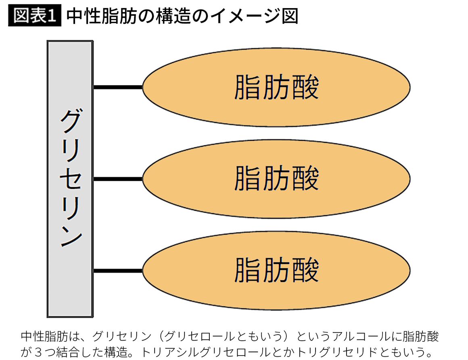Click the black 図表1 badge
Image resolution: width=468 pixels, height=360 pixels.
(x=34, y=16)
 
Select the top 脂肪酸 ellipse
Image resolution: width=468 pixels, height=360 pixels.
(x=276, y=87)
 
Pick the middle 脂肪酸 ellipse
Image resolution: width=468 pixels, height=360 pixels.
(x=276, y=178)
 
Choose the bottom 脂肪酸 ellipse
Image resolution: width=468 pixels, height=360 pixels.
(x=276, y=270)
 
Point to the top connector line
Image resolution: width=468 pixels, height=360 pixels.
(x=118, y=87)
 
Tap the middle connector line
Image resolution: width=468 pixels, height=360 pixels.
(x=118, y=178)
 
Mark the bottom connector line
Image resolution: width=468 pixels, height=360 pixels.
(x=118, y=270)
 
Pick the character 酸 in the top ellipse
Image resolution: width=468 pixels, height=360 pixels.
(x=305, y=87)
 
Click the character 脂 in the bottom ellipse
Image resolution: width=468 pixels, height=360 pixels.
(x=247, y=270)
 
